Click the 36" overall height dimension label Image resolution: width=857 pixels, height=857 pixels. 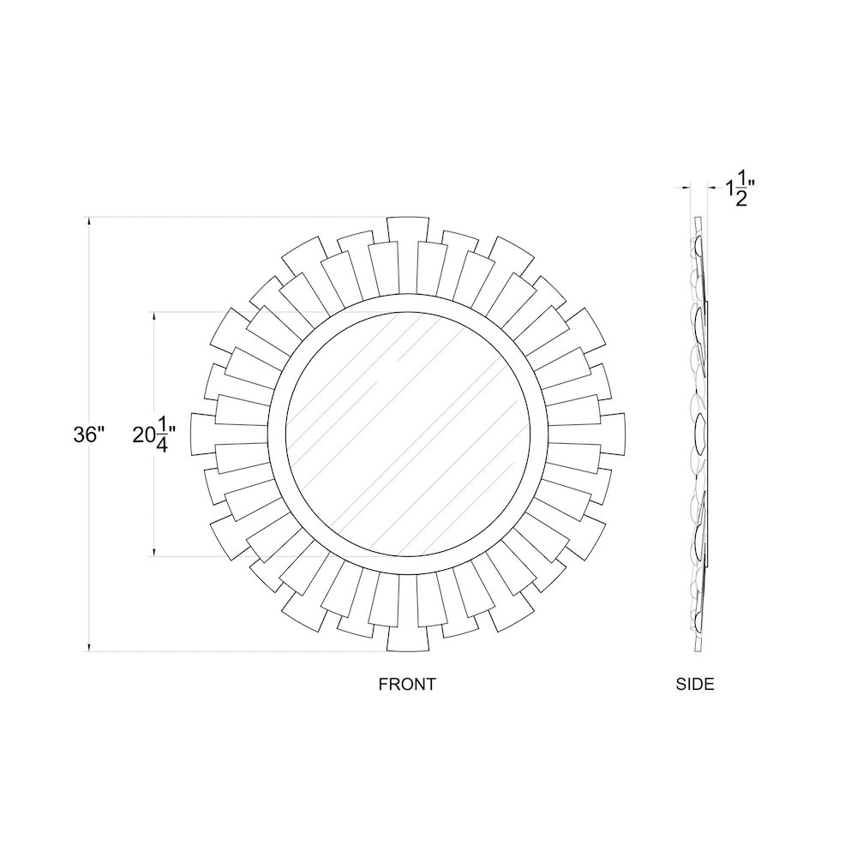click(88, 435)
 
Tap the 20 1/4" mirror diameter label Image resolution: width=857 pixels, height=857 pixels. click(154, 434)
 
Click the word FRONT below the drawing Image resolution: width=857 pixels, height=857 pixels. click(407, 684)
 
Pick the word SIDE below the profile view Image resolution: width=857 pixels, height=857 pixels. click(695, 684)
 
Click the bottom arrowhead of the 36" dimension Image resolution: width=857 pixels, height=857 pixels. click(88, 647)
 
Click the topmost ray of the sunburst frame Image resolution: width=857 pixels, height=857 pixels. click(407, 230)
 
